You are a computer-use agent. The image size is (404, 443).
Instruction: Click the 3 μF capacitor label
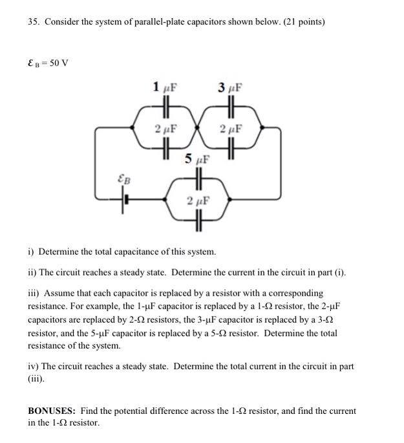[229, 87]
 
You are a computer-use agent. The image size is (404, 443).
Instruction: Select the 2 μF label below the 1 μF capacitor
[166, 128]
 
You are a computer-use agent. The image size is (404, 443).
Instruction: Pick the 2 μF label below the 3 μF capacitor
[231, 128]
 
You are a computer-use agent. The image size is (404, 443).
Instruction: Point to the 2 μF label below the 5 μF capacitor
[198, 200]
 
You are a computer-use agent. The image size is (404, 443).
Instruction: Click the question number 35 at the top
[33, 22]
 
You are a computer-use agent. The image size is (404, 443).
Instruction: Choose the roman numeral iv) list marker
[33, 366]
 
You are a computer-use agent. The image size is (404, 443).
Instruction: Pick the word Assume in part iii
[58, 293]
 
